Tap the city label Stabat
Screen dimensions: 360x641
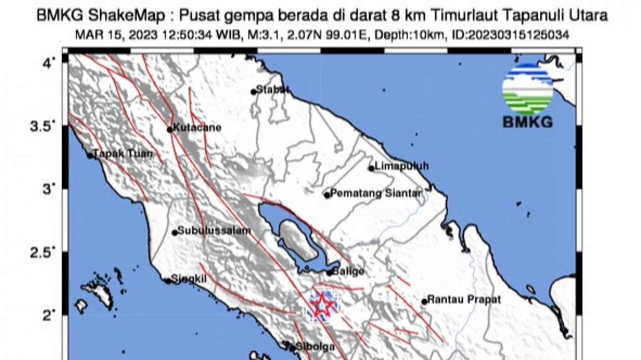[x=273, y=90]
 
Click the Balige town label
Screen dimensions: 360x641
[x=349, y=271]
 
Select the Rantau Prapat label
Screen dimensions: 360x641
[x=464, y=300]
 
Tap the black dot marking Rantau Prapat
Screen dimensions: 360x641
[x=424, y=302]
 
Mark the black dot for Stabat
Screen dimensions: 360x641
[x=253, y=92]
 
